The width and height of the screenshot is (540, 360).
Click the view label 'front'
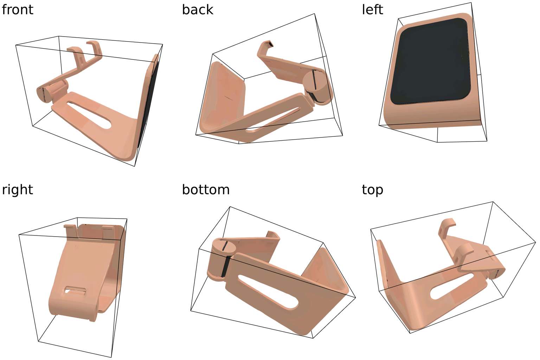click(17, 9)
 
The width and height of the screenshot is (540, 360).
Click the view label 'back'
click(198, 9)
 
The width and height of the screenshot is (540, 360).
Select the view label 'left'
click(372, 9)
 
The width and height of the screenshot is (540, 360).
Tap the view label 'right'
click(17, 190)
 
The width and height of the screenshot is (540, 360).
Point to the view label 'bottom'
click(206, 190)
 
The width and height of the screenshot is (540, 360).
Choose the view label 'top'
click(372, 190)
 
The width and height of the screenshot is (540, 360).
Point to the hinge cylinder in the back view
click(317, 88)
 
